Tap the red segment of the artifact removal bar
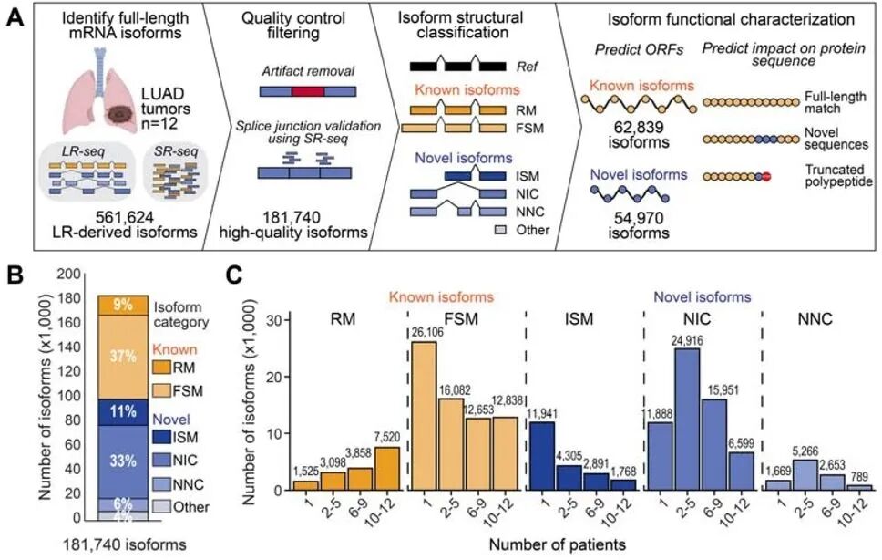click(308, 92)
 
